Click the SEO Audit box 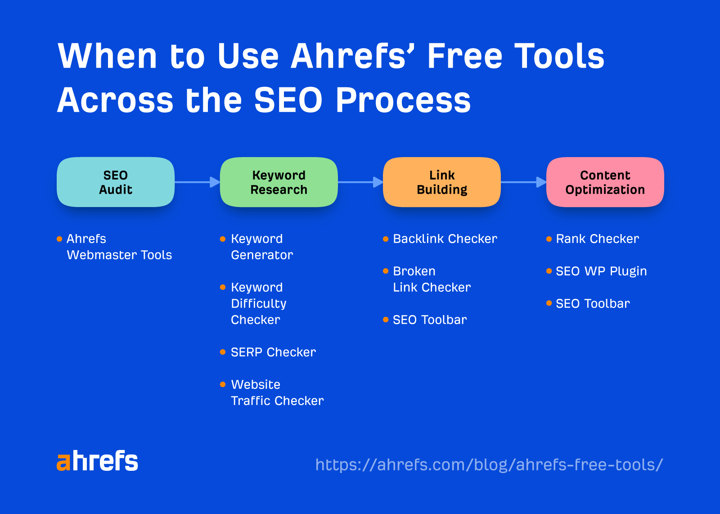pyautogui.click(x=116, y=182)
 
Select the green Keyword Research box pyautogui.click(x=279, y=182)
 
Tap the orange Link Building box pyautogui.click(x=441, y=182)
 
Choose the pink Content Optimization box pyautogui.click(x=605, y=182)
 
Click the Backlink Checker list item pyautogui.click(x=445, y=239)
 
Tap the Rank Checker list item pyautogui.click(x=597, y=239)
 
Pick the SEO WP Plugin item pyautogui.click(x=601, y=271)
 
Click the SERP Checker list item pyautogui.click(x=273, y=352)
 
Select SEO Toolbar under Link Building pyautogui.click(x=430, y=320)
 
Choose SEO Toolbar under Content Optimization pyautogui.click(x=593, y=304)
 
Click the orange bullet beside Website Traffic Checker pyautogui.click(x=223, y=384)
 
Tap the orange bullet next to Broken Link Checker pyautogui.click(x=386, y=271)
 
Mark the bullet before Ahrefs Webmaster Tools pyautogui.click(x=59, y=239)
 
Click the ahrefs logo pyautogui.click(x=97, y=461)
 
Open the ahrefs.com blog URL pyautogui.click(x=489, y=464)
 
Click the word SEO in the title pyautogui.click(x=288, y=100)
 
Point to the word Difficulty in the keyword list pyautogui.click(x=259, y=304)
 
